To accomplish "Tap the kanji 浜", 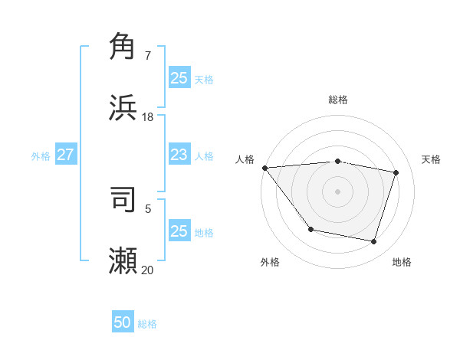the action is (123, 108).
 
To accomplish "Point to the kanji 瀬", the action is (123, 260).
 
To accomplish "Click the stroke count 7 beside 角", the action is (148, 55).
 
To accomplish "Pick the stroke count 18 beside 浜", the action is (148, 117).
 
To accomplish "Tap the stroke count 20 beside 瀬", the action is (148, 270).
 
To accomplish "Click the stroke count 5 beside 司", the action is (148, 208).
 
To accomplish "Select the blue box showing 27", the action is (65, 155).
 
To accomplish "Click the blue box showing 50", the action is (123, 322).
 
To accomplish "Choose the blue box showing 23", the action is (179, 155).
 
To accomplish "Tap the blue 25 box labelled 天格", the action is (179, 77).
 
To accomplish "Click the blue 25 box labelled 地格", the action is (179, 231).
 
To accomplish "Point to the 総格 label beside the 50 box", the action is (148, 324).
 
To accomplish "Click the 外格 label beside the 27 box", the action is (41, 156).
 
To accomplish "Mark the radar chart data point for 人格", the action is (264, 168).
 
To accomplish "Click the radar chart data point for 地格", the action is (373, 241).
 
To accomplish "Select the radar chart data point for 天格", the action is (396, 172).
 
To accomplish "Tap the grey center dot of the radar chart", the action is (337, 191).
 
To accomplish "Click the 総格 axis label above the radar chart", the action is (338, 100).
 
